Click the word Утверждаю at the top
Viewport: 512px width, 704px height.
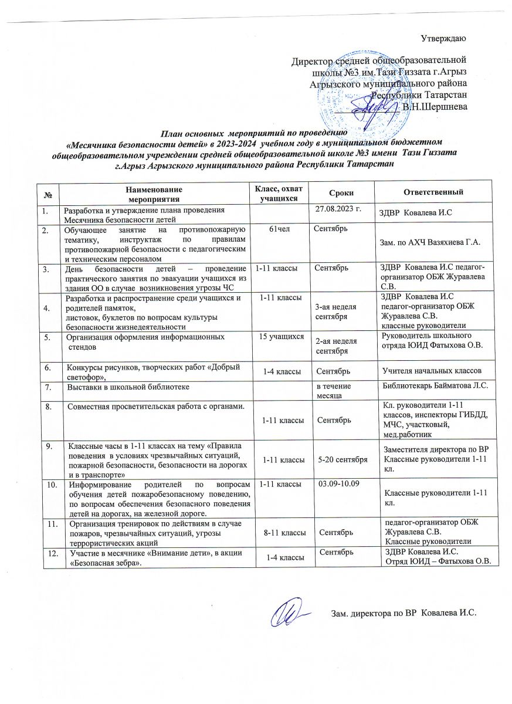[444, 39]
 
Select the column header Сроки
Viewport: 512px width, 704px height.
[341, 192]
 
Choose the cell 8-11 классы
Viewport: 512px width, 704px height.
[284, 532]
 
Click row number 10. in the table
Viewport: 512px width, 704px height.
[51, 485]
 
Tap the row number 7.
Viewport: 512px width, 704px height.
[50, 387]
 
